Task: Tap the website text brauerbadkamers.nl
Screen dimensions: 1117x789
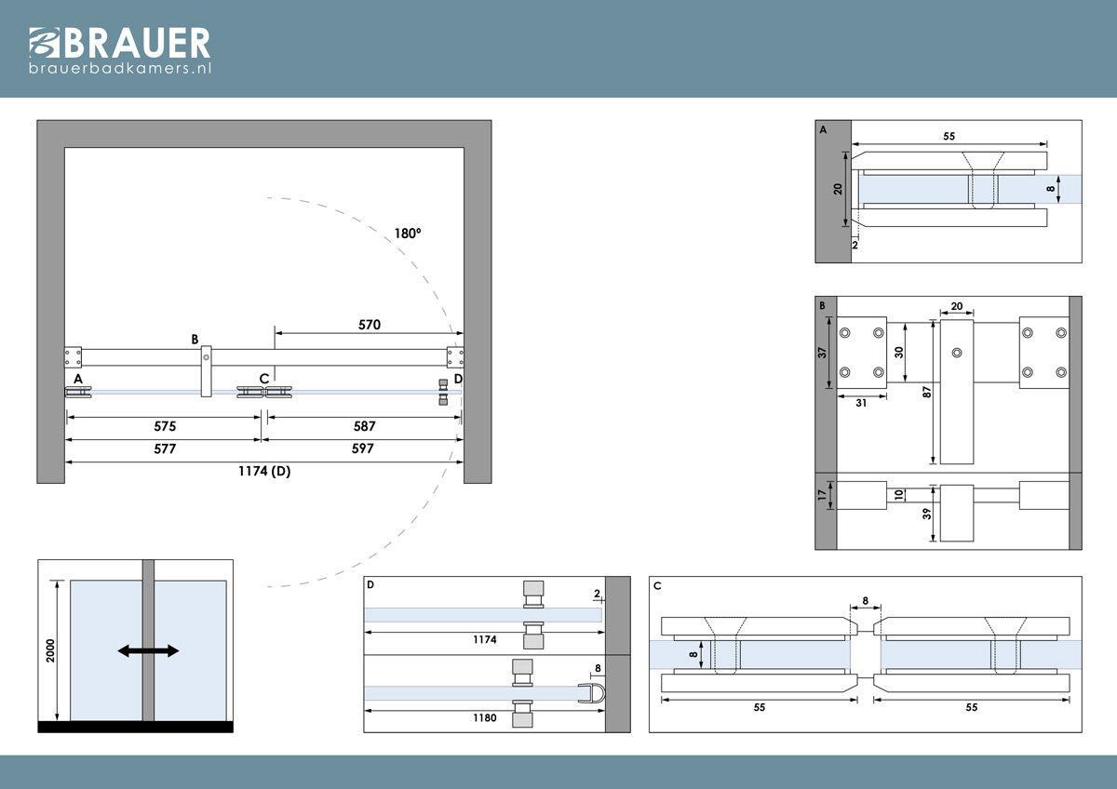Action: [x=120, y=68]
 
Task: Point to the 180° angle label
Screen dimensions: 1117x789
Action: [x=408, y=234]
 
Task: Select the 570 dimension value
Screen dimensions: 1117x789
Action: [x=370, y=325]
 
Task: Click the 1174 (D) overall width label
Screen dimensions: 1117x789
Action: [x=264, y=471]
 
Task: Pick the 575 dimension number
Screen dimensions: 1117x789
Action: [x=165, y=426]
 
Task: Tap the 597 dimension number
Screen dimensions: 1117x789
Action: [x=362, y=448]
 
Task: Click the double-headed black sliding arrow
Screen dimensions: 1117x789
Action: [x=148, y=650]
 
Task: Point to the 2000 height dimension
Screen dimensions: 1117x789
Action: [x=50, y=650]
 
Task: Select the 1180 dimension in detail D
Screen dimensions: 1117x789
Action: [x=485, y=717]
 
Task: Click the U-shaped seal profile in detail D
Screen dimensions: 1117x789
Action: [x=592, y=693]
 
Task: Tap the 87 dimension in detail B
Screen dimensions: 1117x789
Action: [x=926, y=393]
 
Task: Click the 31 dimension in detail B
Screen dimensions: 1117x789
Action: [x=861, y=403]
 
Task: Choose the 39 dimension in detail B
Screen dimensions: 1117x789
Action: [x=926, y=514]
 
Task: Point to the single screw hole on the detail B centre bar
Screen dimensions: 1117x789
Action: [x=957, y=353]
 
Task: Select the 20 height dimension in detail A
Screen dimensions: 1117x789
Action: [x=838, y=189]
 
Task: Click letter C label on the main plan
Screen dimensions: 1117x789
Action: [x=264, y=379]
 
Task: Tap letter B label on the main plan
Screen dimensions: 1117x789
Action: [x=195, y=340]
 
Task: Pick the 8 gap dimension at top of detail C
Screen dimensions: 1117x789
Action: [x=865, y=601]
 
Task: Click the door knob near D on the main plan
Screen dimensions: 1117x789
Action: [x=443, y=393]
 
